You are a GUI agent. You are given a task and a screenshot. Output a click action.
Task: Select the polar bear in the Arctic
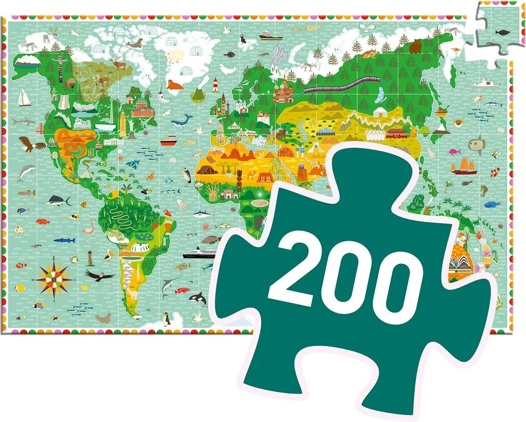(x=174, y=56)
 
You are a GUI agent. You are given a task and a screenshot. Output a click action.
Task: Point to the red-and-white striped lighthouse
(x=216, y=85)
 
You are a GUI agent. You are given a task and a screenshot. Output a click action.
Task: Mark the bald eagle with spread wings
(x=26, y=143)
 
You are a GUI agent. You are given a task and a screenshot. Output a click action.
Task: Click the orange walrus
(x=174, y=85)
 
